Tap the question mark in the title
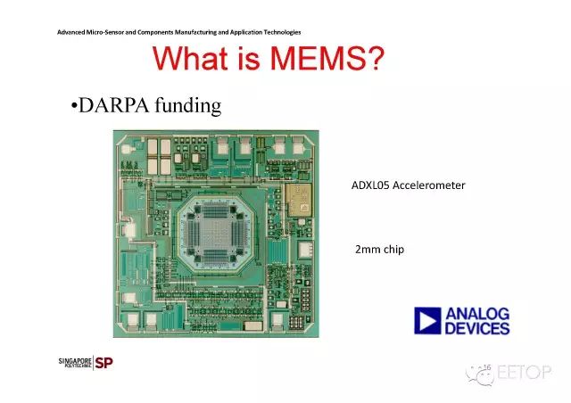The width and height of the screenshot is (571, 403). point(373,58)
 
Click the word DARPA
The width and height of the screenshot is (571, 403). point(113,105)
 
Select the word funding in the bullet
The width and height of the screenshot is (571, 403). point(188,105)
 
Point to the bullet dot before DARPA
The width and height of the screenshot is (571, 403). point(74,106)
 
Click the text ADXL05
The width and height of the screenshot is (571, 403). point(370,185)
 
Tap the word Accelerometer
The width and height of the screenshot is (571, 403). point(429,185)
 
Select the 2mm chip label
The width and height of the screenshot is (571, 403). point(379,250)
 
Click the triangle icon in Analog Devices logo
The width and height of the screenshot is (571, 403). point(427,321)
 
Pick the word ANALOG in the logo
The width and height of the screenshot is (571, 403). point(477,314)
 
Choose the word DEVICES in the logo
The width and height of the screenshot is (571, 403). point(477,328)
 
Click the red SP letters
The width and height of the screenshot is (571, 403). point(103,363)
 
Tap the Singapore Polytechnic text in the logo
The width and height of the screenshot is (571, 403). point(75,363)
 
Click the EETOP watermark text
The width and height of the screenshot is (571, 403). point(524,372)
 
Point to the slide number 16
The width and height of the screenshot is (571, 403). point(487,367)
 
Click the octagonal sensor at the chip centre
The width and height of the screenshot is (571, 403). point(215,234)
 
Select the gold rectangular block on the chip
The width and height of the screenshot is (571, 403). point(299,200)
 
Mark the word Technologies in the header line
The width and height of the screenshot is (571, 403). point(282,32)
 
